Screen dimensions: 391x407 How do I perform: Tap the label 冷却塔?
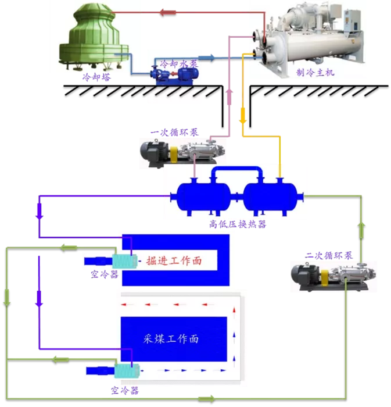pos(96,77)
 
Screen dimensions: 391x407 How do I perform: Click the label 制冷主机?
pos(315,73)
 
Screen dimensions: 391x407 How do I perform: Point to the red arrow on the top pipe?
pos(168,12)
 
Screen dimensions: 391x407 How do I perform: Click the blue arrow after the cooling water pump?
pos(207,58)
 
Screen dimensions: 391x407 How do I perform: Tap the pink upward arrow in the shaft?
pos(229,97)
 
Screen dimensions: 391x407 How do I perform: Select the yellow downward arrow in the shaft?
pos(243,116)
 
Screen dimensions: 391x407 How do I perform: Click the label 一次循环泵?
pos(174,133)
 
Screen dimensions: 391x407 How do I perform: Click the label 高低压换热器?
pos(238,224)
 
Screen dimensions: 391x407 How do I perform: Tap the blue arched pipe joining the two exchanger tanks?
pos(236,169)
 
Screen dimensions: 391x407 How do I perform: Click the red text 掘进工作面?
pos(174,260)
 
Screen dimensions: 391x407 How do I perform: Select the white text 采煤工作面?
pos(171,339)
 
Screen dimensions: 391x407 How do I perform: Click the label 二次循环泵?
pos(328,256)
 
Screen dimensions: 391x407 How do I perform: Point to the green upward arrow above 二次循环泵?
pos(361,230)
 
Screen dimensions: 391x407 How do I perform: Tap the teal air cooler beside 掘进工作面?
pos(124,261)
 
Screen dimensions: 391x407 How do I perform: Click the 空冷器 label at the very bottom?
pos(125,391)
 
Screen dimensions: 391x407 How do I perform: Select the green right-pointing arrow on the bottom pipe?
pos(207,399)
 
